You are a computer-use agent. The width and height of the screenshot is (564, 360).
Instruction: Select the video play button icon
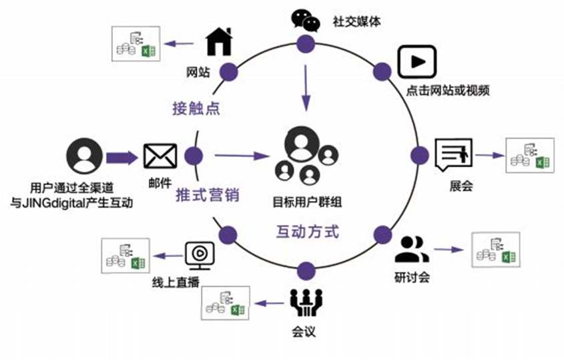coord(416,63)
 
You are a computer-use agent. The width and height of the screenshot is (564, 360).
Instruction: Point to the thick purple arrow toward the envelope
coord(121,158)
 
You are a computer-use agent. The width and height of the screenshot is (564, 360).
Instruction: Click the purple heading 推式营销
coord(208,196)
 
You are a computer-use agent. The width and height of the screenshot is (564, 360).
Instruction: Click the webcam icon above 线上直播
coord(199,253)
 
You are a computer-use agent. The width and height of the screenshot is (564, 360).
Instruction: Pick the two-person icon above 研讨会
coord(412,250)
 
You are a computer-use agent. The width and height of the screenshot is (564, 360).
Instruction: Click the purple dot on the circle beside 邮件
coord(194,157)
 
